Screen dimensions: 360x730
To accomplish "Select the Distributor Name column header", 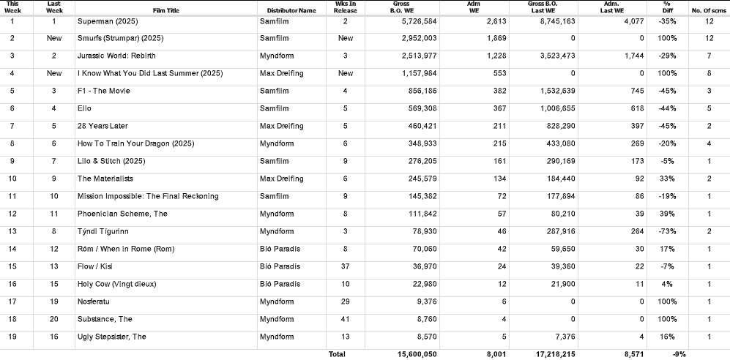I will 287,10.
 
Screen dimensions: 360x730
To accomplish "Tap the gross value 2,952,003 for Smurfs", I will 417,38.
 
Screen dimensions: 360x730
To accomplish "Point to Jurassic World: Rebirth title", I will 116,56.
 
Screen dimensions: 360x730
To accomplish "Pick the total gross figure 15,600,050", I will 417,353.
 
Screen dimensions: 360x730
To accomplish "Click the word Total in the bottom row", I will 337,353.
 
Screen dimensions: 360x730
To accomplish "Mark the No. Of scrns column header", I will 708,10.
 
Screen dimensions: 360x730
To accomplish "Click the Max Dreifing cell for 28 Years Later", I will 281,126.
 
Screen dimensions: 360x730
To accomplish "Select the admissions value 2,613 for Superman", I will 486,21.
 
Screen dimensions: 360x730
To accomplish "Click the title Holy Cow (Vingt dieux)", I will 116,284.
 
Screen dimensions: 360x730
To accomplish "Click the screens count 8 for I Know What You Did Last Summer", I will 709,73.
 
